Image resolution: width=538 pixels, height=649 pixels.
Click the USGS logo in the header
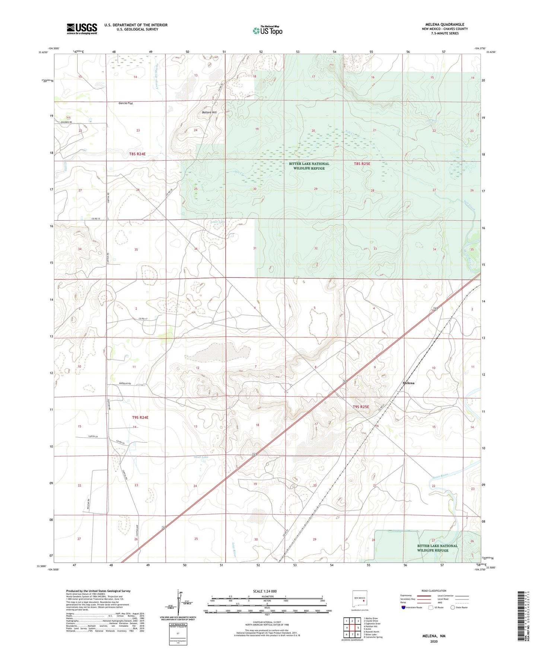pos(82,29)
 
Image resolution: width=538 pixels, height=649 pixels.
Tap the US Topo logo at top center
pos(268,30)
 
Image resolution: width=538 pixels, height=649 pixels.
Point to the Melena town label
pos(408,383)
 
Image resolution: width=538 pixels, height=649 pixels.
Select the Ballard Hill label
pos(209,112)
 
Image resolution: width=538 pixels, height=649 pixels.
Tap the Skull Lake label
pos(201,457)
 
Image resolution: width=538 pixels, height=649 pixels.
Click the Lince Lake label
pos(218,222)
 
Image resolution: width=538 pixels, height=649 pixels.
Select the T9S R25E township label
pos(361,407)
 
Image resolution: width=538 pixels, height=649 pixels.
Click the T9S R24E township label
pos(140,417)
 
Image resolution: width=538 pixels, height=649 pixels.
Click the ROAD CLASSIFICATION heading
pos(434,591)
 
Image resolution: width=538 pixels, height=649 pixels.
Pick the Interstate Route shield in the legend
pos(404,607)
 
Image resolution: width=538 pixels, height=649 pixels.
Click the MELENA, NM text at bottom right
pos(434,636)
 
